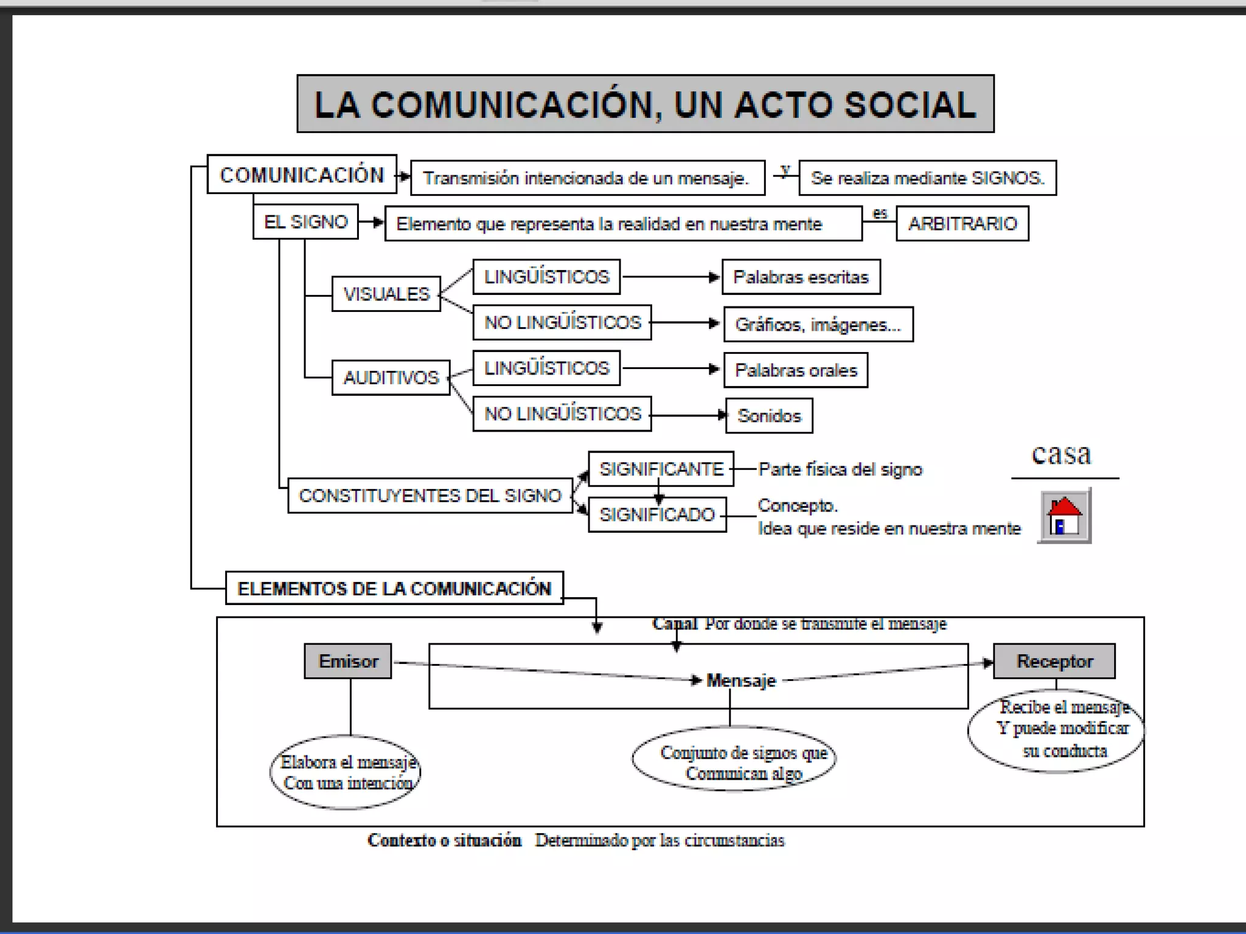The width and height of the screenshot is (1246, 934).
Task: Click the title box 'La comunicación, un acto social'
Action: click(645, 104)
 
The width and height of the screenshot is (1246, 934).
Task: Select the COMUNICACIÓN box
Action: click(302, 175)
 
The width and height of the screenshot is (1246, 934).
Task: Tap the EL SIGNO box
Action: click(305, 222)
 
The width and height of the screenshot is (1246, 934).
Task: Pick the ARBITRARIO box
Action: click(962, 224)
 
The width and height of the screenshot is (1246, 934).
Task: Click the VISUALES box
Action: click(386, 294)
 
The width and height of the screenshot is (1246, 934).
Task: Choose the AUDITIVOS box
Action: click(391, 378)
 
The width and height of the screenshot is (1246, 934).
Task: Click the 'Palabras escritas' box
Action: click(801, 277)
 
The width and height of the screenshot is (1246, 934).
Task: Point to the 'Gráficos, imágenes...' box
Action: click(818, 325)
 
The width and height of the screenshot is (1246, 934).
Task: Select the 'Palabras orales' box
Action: click(795, 370)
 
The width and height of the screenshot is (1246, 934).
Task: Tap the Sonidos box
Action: click(769, 416)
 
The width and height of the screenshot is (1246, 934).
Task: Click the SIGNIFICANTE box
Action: click(661, 469)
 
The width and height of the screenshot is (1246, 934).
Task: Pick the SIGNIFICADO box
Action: click(657, 515)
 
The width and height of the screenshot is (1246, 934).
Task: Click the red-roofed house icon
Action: click(1064, 516)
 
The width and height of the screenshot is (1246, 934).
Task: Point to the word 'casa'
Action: click(1061, 454)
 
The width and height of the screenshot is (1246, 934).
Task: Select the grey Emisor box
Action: click(348, 661)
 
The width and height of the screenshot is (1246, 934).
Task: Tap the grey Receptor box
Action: click(1054, 661)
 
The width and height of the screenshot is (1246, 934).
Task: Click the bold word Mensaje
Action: click(741, 680)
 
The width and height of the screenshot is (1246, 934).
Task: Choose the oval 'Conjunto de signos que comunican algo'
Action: click(734, 759)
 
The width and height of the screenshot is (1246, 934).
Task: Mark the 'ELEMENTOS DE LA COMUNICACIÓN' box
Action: click(394, 589)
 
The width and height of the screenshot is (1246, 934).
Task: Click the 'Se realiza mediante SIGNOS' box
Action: click(927, 178)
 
